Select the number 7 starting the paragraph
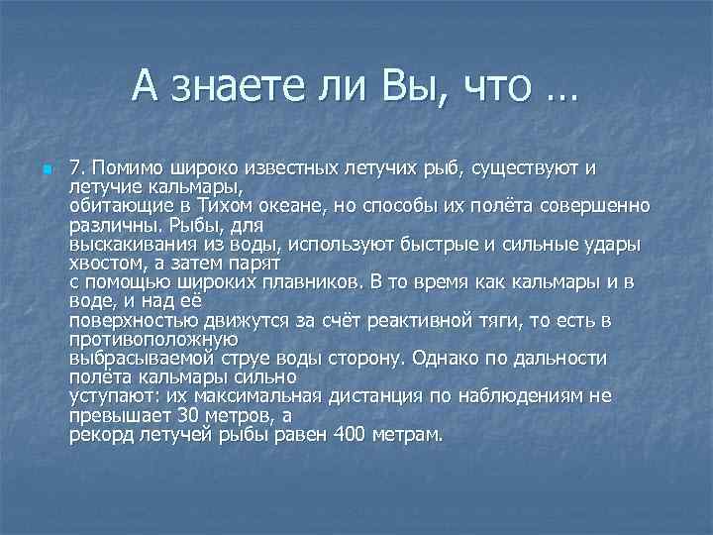75,166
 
